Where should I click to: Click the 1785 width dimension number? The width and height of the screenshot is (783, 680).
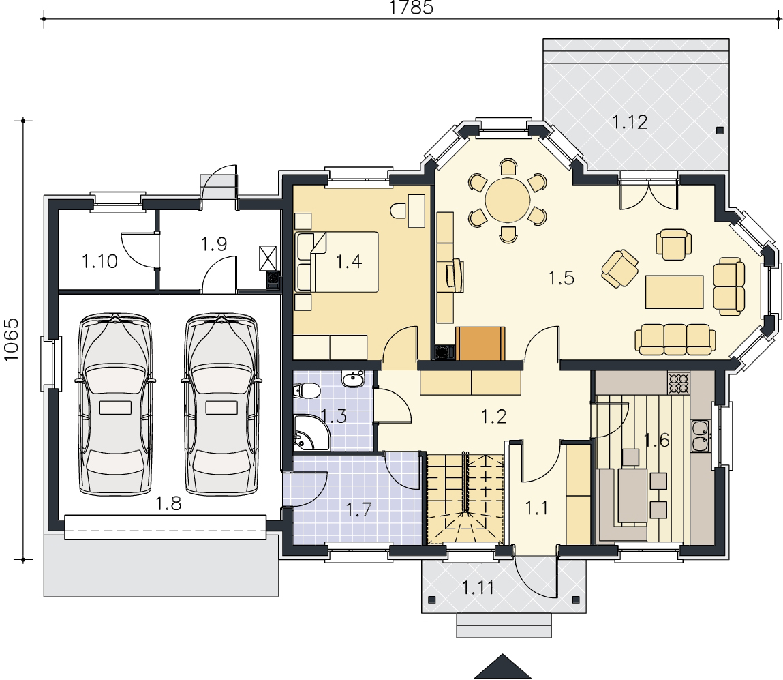pos(411,8)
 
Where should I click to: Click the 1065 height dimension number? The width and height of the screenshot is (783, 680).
pos(11,340)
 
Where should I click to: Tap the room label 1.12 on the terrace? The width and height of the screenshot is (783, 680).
pos(630,122)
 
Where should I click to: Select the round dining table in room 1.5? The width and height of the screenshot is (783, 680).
pos(508,201)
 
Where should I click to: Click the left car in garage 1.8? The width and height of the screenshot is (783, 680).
pos(115,404)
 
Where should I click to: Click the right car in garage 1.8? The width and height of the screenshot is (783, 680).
pos(221,404)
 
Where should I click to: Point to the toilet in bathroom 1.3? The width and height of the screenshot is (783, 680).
pos(307,390)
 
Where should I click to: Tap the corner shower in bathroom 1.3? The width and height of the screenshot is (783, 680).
pos(311,432)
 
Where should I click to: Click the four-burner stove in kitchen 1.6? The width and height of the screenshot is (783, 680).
pos(679,383)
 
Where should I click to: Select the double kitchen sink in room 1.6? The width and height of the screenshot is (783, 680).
pos(700,437)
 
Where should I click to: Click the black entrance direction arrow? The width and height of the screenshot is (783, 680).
pos(502,667)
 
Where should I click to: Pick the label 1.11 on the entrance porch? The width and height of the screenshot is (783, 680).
pos(478,588)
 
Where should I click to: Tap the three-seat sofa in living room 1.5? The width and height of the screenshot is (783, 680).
pos(675,339)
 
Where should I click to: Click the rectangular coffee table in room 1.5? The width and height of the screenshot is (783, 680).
pos(674,292)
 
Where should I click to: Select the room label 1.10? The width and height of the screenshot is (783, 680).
pos(100,261)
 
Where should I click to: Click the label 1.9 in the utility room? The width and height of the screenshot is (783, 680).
pos(214,244)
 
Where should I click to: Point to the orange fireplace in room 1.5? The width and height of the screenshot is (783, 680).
pos(480,344)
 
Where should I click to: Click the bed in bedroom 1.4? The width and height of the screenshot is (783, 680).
pos(337,262)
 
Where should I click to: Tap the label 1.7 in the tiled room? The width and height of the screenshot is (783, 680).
pos(359,509)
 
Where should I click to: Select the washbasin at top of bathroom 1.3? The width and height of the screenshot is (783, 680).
pos(354,379)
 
